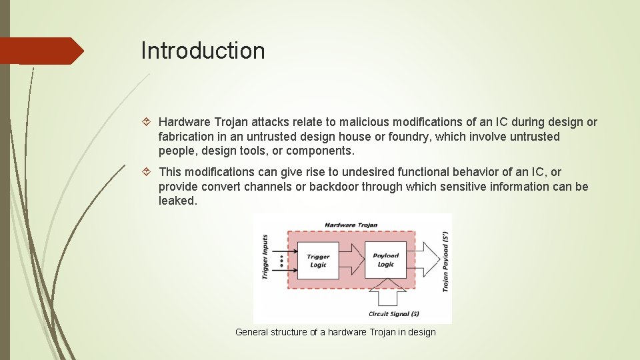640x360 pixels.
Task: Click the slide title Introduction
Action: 203,51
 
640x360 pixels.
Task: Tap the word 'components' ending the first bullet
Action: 319,151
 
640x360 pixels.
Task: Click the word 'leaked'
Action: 177,201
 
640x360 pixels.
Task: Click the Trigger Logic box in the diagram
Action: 318,261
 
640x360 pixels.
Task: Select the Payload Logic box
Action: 385,260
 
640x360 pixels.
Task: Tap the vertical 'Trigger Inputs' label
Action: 265,257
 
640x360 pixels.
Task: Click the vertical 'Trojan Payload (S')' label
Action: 445,261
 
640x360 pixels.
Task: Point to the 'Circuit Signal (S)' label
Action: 393,313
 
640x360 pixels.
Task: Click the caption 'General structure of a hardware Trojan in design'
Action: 335,332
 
